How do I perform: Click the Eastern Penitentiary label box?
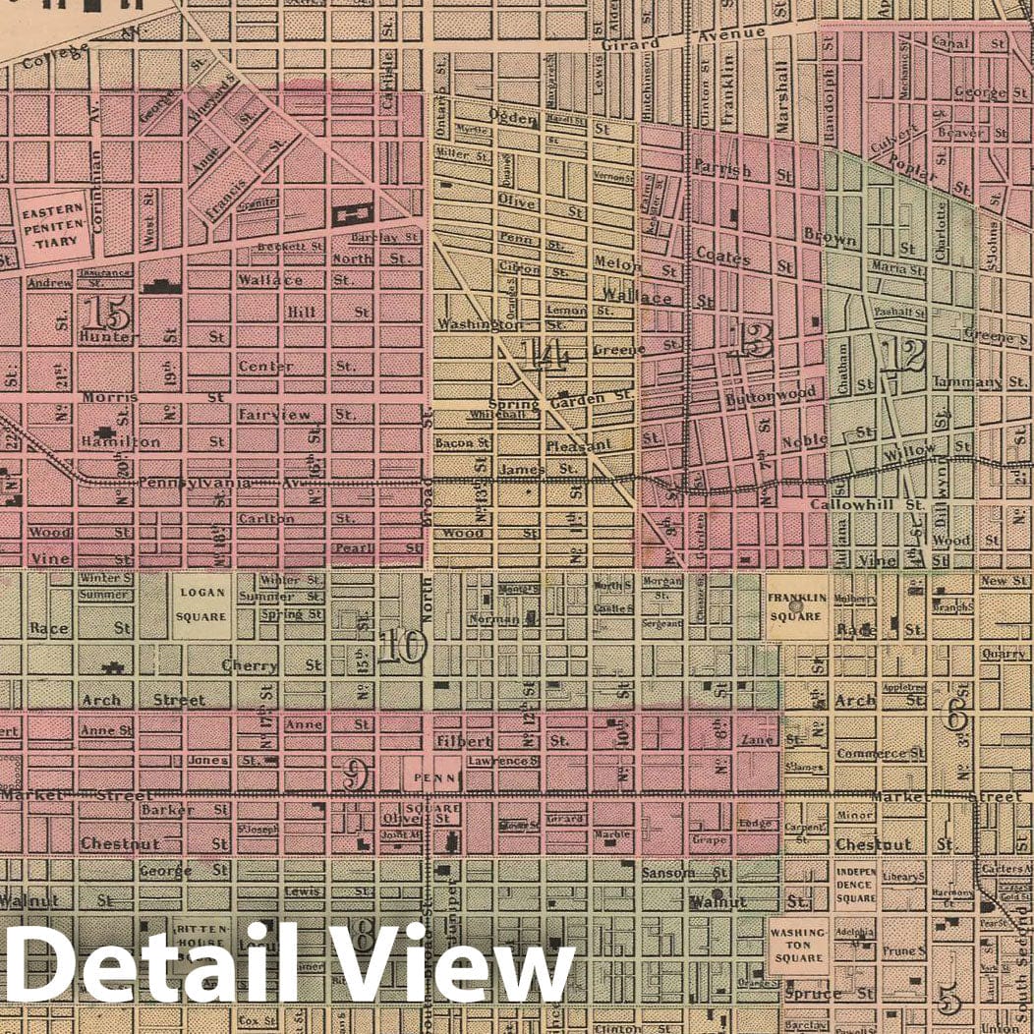(x=55, y=225)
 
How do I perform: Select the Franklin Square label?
(x=795, y=606)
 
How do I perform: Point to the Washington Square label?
(x=797, y=945)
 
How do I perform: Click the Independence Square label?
(x=855, y=885)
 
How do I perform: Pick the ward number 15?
(x=106, y=314)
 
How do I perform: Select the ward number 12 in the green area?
(x=901, y=355)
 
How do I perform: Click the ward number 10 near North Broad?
(x=402, y=647)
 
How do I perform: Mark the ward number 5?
(x=948, y=1000)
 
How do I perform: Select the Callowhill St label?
(x=868, y=503)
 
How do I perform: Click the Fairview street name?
(x=275, y=415)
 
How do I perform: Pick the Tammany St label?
(x=966, y=381)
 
